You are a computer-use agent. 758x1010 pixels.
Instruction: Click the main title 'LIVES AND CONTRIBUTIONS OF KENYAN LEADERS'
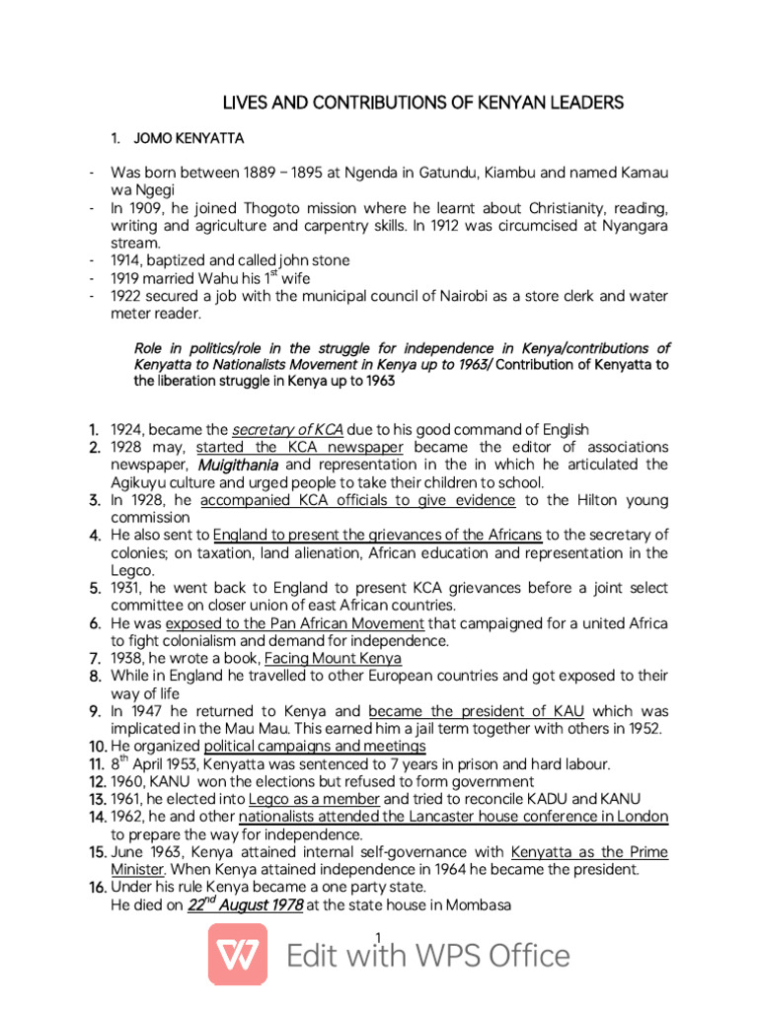422,104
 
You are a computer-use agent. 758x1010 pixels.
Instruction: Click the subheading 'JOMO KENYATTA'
189,137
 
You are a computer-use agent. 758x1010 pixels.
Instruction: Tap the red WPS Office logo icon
237,954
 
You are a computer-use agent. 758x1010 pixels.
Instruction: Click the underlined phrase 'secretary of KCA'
287,429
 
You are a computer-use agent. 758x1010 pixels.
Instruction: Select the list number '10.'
96,747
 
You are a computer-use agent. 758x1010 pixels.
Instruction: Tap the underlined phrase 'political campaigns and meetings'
315,747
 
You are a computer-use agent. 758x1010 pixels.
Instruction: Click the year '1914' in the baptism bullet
126,260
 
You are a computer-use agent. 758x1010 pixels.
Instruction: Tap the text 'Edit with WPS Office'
428,956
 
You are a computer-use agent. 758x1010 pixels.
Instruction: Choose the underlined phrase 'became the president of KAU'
476,711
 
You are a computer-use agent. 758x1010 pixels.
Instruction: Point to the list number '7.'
96,658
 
